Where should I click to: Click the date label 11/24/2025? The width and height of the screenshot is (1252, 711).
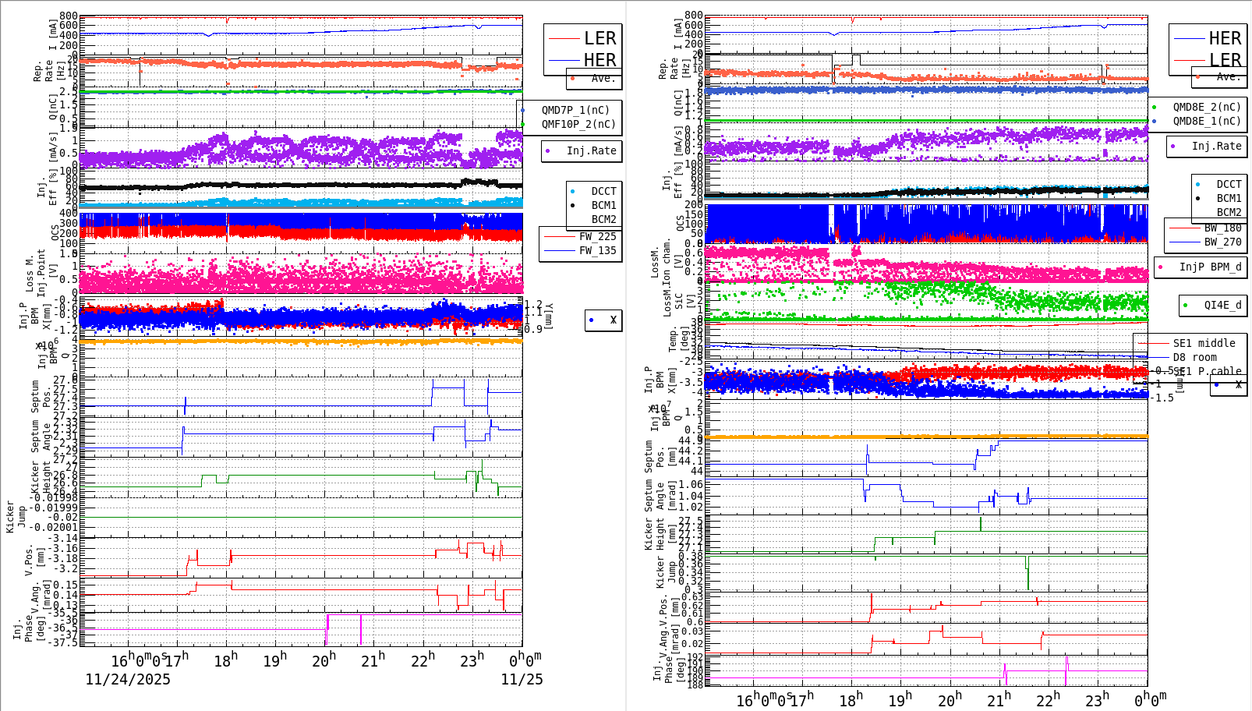[x=127, y=679]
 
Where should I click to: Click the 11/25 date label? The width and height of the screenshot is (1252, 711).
[x=522, y=679]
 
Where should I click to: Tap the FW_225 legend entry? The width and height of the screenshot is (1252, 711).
[x=597, y=236]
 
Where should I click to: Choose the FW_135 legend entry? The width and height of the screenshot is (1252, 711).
[x=597, y=250]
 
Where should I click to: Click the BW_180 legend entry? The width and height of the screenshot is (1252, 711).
[x=1222, y=228]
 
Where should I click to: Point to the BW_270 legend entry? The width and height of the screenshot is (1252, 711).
[x=1222, y=242]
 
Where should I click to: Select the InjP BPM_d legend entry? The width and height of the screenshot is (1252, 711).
[x=1210, y=267]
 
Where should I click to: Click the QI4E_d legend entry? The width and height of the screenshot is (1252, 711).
[x=1222, y=305]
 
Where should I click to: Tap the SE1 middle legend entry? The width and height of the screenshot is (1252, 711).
[x=1204, y=343]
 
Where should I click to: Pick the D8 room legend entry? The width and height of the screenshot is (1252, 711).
[x=1194, y=357]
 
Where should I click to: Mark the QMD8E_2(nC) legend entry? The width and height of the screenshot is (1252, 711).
[x=1206, y=107]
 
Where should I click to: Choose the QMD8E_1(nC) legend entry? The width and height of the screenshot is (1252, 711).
[x=1206, y=121]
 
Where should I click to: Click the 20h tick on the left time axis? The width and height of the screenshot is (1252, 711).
[x=324, y=661]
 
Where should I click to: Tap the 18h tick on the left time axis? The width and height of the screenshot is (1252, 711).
[x=225, y=661]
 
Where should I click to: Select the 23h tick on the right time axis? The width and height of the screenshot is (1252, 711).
[x=1097, y=699]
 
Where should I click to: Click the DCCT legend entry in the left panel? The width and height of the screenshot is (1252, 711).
[x=603, y=191]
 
